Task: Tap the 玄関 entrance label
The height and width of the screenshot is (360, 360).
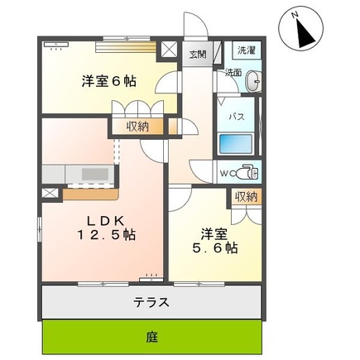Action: [x=198, y=55]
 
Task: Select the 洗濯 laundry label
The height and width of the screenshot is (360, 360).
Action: [x=246, y=50]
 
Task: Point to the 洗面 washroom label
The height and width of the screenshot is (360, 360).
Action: [x=233, y=73]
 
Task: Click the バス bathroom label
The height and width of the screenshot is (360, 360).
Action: [x=236, y=117]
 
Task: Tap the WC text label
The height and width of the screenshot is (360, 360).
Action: [x=226, y=173]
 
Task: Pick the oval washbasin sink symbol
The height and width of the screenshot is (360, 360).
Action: [x=253, y=81]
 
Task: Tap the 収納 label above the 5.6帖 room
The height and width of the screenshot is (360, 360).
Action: [x=246, y=196]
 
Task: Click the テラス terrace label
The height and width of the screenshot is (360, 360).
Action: [x=152, y=302]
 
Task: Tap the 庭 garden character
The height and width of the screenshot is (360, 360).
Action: [x=152, y=338]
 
